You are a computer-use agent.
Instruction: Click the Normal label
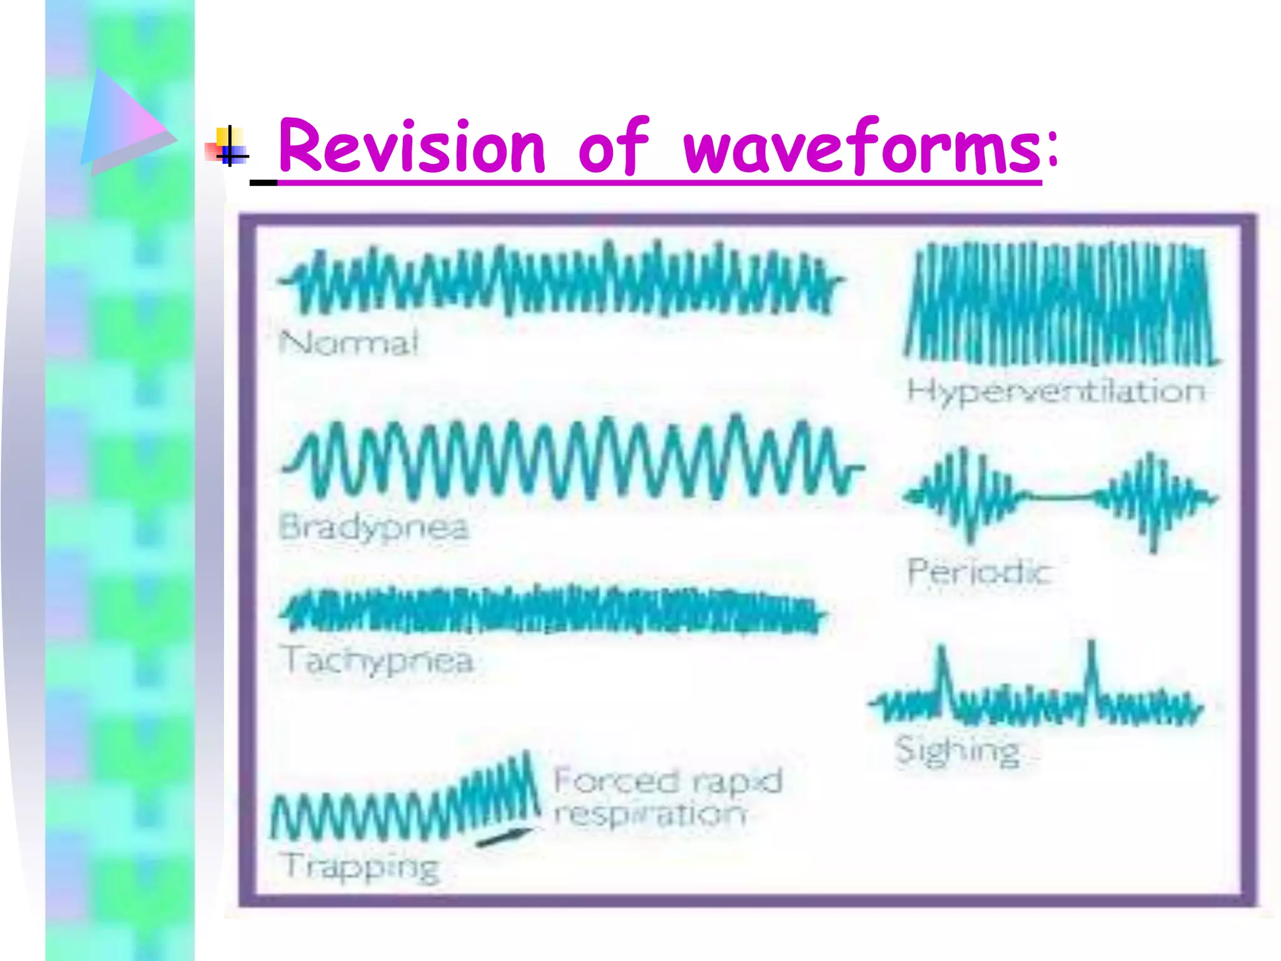pos(348,343)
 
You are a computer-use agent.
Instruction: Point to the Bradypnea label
pos(373,527)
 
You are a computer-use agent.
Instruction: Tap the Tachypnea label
pos(378,661)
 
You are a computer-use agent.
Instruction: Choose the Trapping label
pos(361,867)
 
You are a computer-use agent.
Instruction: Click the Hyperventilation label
pos(1056,392)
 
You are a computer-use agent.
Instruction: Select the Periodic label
pos(978,572)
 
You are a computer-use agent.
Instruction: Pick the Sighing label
pos(957,750)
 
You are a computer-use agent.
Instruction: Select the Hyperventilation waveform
pos(1061,305)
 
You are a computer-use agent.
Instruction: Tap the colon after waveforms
pos(1053,150)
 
